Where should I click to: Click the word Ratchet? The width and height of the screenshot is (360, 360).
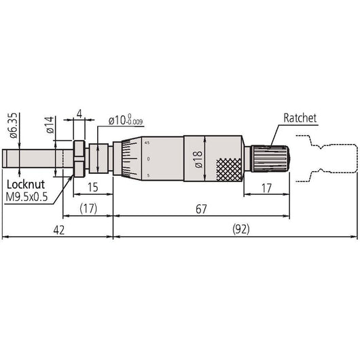300,118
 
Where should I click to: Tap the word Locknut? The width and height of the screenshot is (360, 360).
26,185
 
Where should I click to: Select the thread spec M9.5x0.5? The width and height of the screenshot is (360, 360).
26,197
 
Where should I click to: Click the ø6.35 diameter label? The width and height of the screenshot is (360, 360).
14,126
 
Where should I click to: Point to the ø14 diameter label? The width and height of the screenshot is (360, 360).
50,125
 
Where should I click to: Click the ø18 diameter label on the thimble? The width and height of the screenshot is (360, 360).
198,159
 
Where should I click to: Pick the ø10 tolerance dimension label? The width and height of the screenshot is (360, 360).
126,120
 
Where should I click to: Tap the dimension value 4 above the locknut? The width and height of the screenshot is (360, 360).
79,114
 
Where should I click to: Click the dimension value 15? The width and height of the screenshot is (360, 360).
93,187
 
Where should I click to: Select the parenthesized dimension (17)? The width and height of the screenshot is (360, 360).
88,209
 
